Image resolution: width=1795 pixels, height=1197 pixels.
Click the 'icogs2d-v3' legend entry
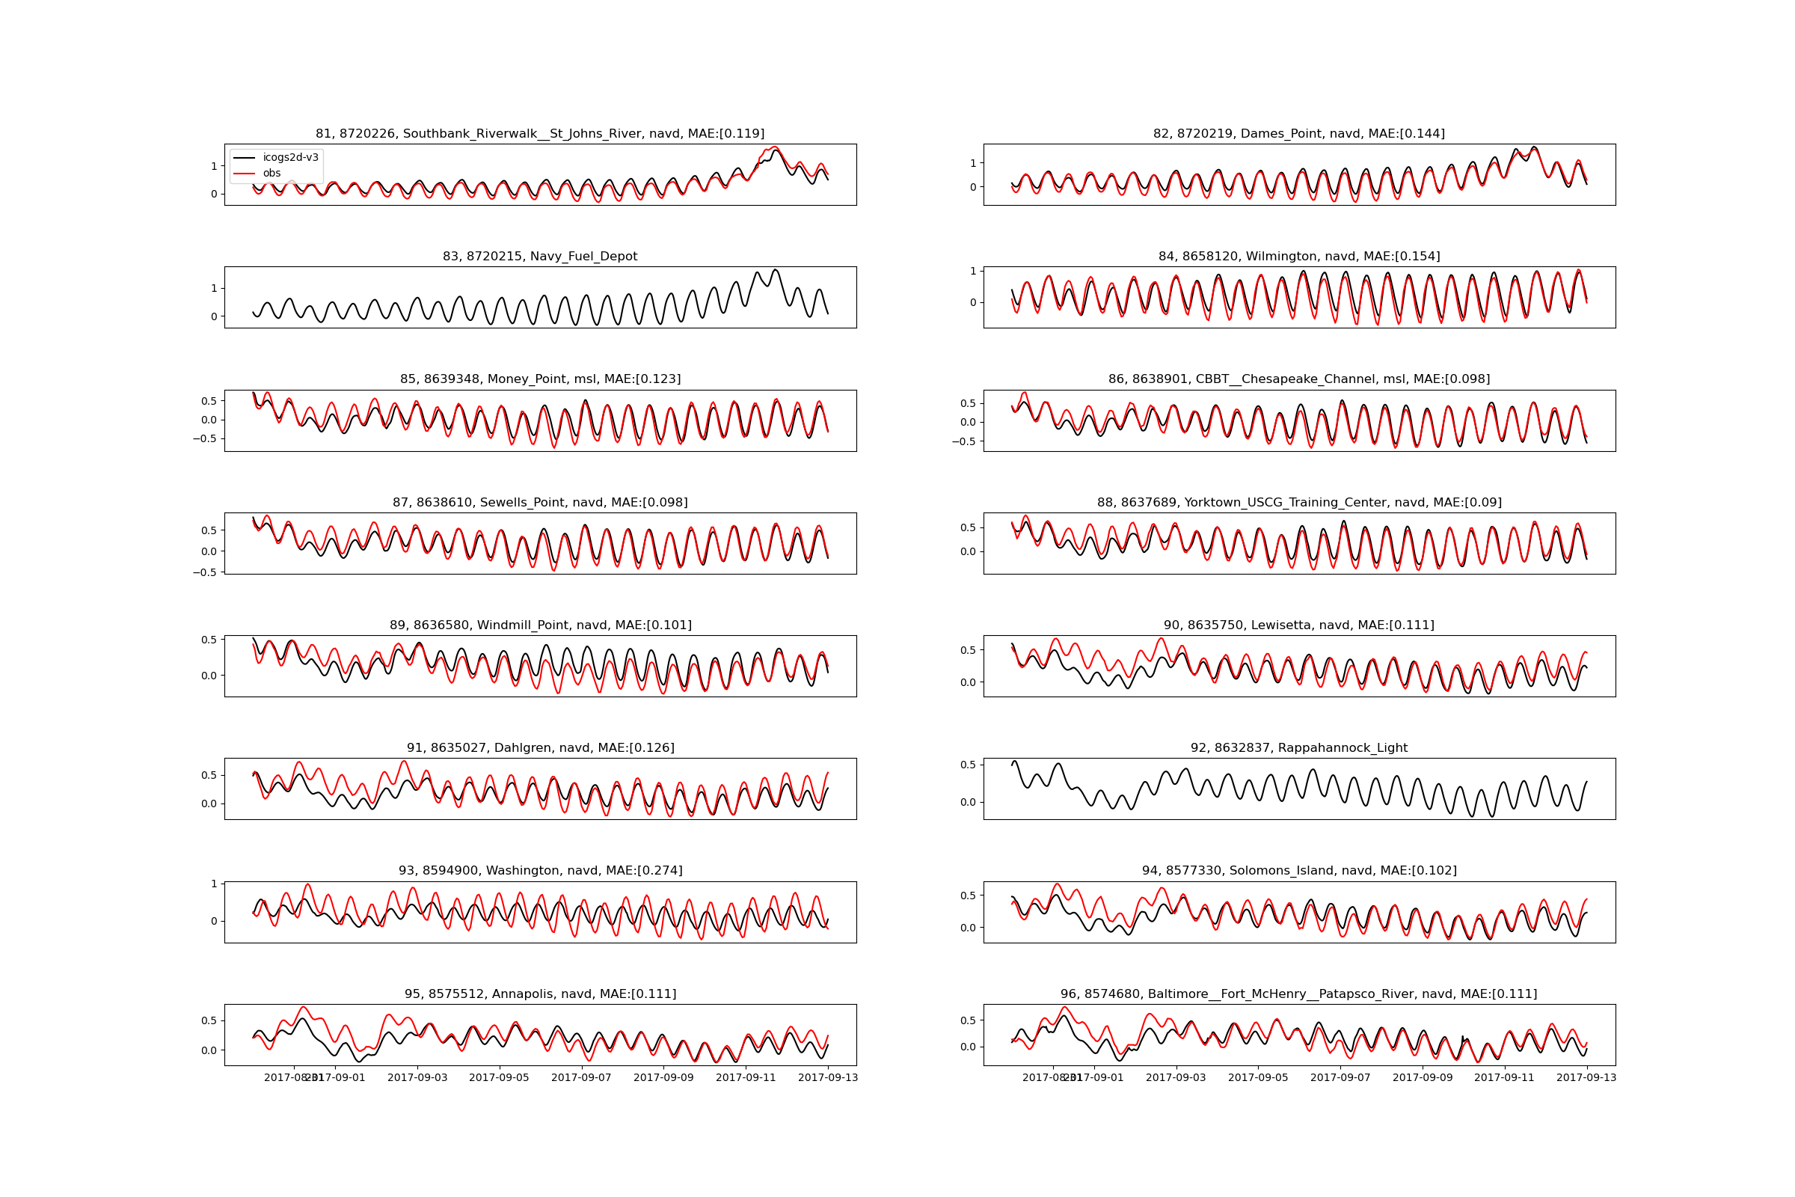pyautogui.click(x=290, y=157)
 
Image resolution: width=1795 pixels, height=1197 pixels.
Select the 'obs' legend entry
pyautogui.click(x=271, y=174)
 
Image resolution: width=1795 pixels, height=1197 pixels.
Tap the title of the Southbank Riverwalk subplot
pyautogui.click(x=539, y=134)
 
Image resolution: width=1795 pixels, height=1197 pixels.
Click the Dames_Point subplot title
pyautogui.click(x=1298, y=134)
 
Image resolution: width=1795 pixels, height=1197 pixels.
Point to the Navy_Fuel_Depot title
pyautogui.click(x=539, y=257)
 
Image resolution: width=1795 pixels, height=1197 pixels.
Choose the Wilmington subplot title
pyautogui.click(x=1298, y=257)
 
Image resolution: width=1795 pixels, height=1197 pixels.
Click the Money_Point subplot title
pyautogui.click(x=539, y=379)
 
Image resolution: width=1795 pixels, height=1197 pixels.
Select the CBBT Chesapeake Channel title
pyautogui.click(x=1298, y=379)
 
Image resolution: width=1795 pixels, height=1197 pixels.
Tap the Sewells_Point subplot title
pyautogui.click(x=539, y=502)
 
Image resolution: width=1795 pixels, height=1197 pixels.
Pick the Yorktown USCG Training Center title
pyautogui.click(x=1298, y=502)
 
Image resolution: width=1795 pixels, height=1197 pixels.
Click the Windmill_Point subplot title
pyautogui.click(x=539, y=625)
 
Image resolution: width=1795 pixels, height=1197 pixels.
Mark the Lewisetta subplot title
pyautogui.click(x=1298, y=625)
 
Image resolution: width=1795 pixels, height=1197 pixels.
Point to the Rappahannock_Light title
pyautogui.click(x=1298, y=748)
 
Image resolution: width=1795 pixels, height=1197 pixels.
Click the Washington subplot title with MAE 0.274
pyautogui.click(x=539, y=871)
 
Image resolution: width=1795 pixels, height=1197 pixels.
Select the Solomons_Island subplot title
pyautogui.click(x=1298, y=871)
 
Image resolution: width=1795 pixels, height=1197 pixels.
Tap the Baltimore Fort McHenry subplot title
pyautogui.click(x=1298, y=994)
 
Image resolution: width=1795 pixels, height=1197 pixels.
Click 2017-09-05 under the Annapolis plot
pyautogui.click(x=499, y=1078)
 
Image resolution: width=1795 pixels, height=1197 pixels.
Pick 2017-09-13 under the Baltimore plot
pyautogui.click(x=1586, y=1078)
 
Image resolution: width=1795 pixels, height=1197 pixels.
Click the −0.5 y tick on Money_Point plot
pyautogui.click(x=203, y=439)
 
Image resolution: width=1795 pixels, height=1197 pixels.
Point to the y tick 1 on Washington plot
pyautogui.click(x=214, y=884)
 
